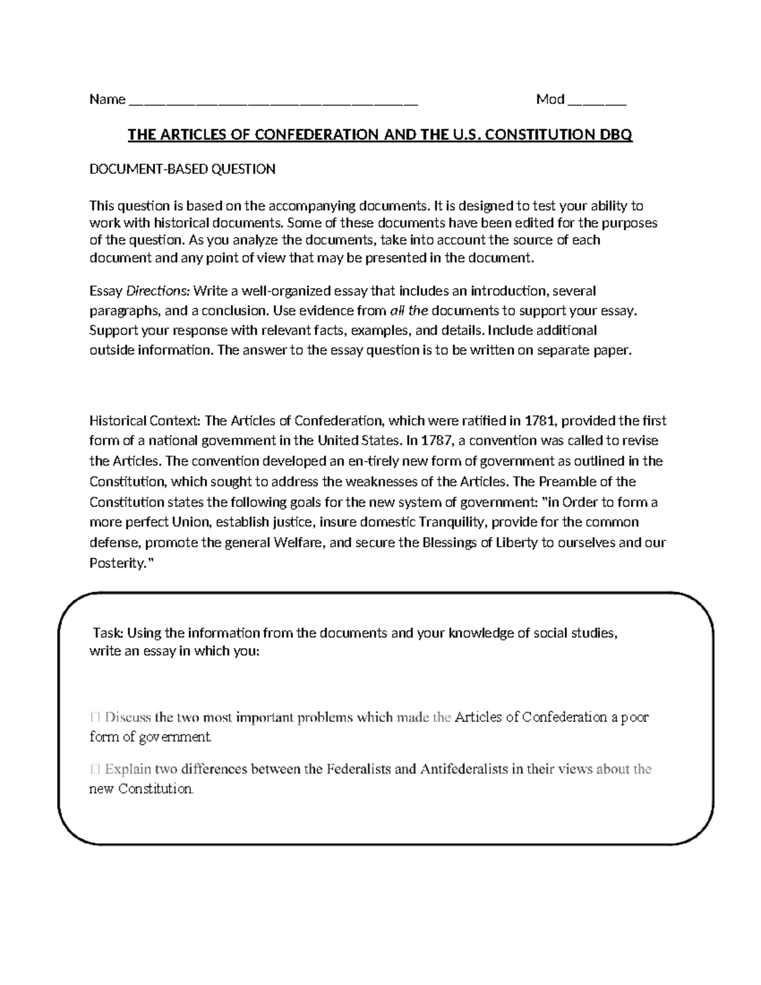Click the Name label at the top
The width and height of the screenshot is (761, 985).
pos(107,100)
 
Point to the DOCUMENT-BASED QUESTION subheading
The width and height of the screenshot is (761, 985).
pos(182,169)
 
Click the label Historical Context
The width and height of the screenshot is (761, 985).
pos(145,421)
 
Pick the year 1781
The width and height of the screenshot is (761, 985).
pos(540,421)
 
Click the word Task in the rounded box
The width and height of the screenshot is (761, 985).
pos(108,633)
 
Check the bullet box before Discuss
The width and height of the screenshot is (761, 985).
pos(95,717)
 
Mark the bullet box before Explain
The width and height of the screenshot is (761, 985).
pos(95,769)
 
